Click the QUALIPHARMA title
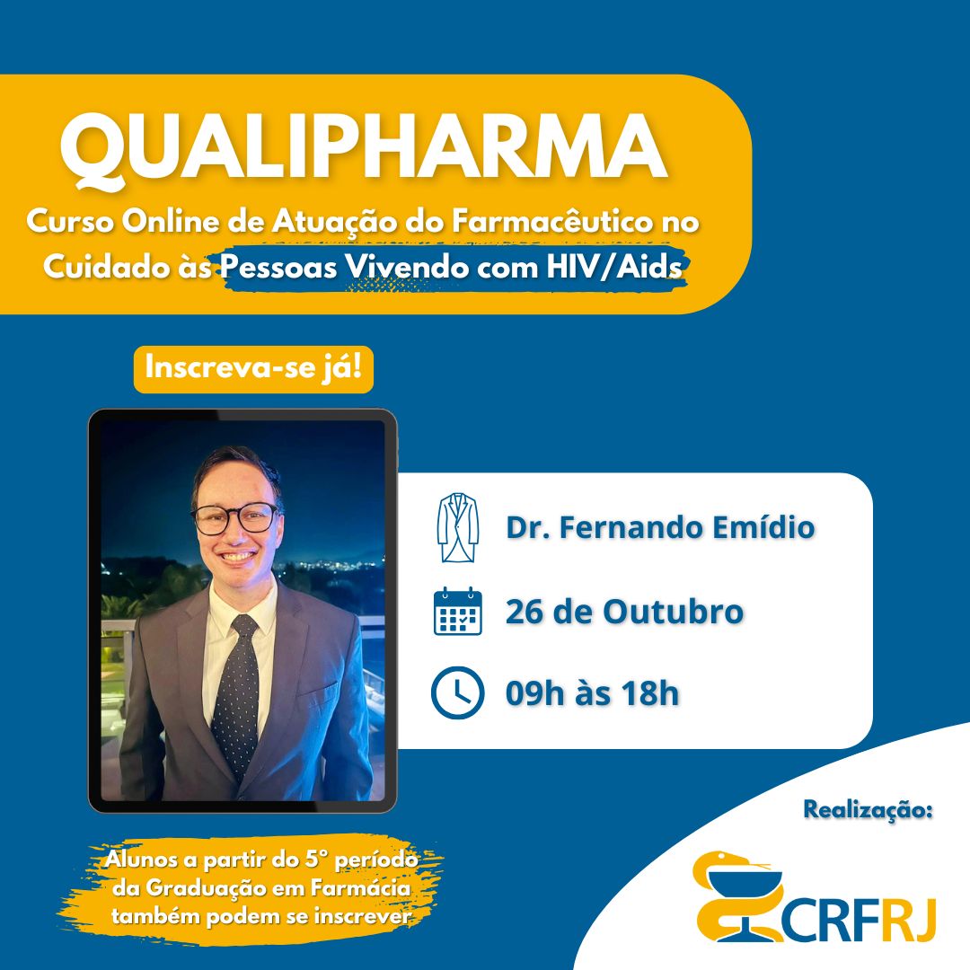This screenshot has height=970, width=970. (363, 148)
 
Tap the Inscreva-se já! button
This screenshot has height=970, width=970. (253, 369)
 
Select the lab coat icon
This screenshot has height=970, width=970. (458, 528)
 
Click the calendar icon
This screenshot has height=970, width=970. (458, 612)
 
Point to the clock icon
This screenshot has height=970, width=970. (458, 692)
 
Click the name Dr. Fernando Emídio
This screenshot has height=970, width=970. (660, 528)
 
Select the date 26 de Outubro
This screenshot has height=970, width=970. (624, 612)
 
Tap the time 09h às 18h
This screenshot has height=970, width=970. (592, 692)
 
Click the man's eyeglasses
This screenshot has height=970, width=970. (235, 518)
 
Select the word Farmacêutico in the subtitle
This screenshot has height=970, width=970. (551, 222)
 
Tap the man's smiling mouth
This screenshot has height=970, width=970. (236, 556)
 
